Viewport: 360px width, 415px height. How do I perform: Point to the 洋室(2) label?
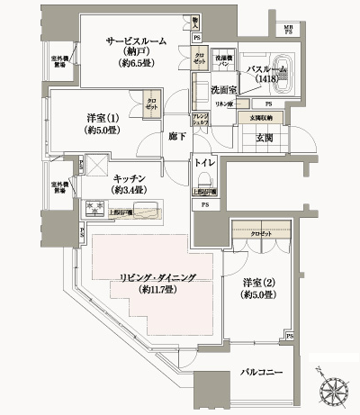point(256,287)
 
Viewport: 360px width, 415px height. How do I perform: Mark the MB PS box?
point(313,32)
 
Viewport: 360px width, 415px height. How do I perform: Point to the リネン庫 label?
point(223,105)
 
